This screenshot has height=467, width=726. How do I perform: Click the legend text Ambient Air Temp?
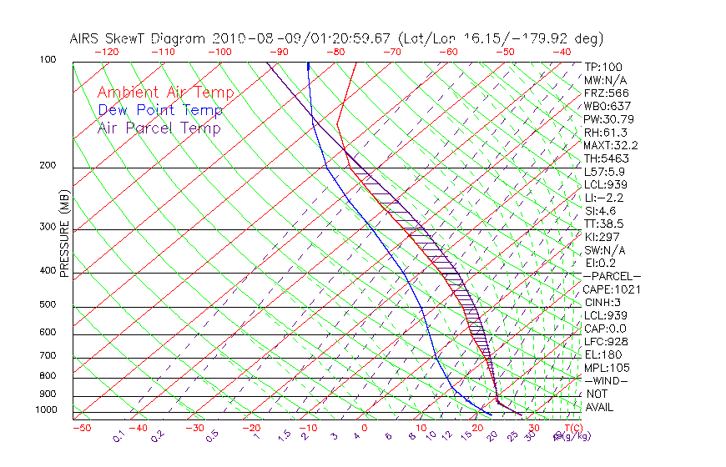pyautogui.click(x=165, y=93)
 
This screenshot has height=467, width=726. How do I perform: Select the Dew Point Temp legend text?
pyautogui.click(x=160, y=110)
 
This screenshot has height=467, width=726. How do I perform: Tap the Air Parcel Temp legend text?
pyautogui.click(x=159, y=128)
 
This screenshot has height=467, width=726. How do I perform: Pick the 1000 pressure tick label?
pyautogui.click(x=47, y=410)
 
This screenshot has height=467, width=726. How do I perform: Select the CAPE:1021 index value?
pyautogui.click(x=608, y=289)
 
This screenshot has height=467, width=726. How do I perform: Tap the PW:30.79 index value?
pyautogui.click(x=608, y=119)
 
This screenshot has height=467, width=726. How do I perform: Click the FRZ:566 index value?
pyautogui.click(x=606, y=93)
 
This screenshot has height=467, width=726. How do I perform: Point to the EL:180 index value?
pyautogui.click(x=602, y=354)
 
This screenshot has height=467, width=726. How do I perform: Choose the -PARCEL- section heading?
pyautogui.click(x=612, y=276)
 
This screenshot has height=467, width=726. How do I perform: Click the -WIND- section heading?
pyautogui.click(x=605, y=380)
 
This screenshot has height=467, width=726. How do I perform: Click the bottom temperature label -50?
pyautogui.click(x=81, y=428)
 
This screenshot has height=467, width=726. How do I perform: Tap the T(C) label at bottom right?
pyautogui.click(x=569, y=428)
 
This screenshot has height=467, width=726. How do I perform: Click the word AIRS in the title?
pyautogui.click(x=87, y=38)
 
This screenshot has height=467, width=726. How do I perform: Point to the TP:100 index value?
pyautogui.click(x=602, y=67)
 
